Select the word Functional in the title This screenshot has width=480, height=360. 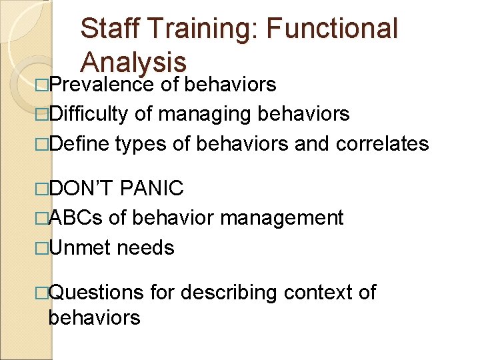pos(335,29)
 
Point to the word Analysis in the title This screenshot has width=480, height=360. pos(133,62)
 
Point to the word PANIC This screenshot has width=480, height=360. pos(153,188)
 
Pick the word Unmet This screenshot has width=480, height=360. pos(79,248)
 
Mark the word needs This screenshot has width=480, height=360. pos(145,248)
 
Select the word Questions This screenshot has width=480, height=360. pos(96,292)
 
